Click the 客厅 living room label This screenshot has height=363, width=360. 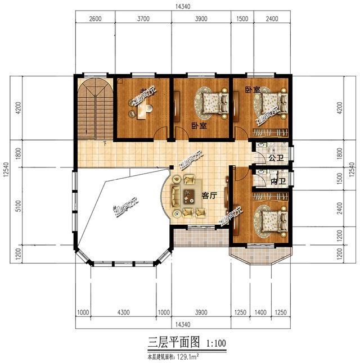pyautogui.click(x=209, y=196)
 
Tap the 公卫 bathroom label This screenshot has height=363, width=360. pyautogui.click(x=275, y=158)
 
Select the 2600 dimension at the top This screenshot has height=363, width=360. pyautogui.click(x=95, y=19)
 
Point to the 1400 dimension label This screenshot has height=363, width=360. pyautogui.click(x=260, y=313)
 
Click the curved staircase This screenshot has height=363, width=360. pyautogui.click(x=94, y=110)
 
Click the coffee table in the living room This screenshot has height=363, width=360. pyautogui.click(x=187, y=196)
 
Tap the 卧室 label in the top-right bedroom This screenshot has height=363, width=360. pyautogui.click(x=253, y=90)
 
